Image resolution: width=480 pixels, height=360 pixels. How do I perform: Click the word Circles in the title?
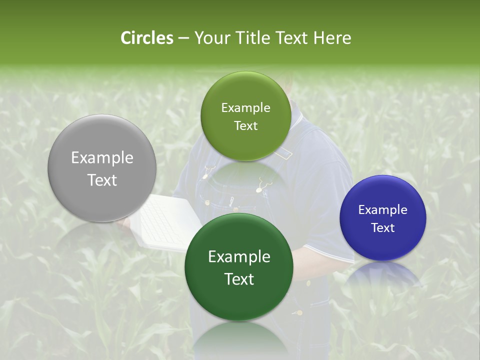[x=147, y=38]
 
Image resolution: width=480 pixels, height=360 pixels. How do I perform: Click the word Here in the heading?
[x=332, y=38]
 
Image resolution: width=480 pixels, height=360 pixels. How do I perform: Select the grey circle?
[x=102, y=168]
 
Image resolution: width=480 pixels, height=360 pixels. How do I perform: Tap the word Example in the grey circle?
[x=102, y=158]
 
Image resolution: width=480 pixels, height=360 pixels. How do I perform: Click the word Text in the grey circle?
[x=102, y=180]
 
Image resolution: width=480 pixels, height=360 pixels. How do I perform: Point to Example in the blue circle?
[x=383, y=210]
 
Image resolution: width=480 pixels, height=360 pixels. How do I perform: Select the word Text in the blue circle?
[x=383, y=228]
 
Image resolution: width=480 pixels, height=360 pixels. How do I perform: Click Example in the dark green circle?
[x=239, y=257]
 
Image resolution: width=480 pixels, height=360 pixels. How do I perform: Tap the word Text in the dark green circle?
[x=239, y=279]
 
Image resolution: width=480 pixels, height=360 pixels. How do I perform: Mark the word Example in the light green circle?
[x=245, y=108]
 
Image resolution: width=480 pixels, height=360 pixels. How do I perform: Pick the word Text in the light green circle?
[x=245, y=126]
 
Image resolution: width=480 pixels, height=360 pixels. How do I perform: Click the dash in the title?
[x=183, y=38]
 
